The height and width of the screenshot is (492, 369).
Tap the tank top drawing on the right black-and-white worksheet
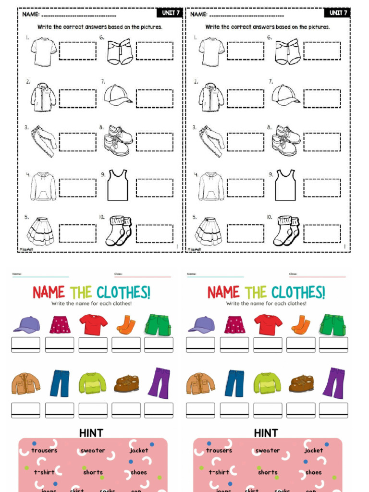click(285, 185)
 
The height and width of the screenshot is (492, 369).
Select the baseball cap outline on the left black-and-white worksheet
click(117, 95)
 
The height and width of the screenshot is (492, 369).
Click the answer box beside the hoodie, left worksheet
click(77, 188)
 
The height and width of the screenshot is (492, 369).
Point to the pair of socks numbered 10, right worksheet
click(286, 231)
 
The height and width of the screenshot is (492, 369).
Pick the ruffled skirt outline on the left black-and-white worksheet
click(41, 231)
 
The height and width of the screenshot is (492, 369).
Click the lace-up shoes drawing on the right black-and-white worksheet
click(286, 140)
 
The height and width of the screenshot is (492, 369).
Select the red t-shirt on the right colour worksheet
click(268, 325)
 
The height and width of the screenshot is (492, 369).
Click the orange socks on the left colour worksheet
click(126, 325)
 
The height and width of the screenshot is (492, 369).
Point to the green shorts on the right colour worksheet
click(332, 325)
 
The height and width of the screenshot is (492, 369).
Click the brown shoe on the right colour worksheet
click(301, 383)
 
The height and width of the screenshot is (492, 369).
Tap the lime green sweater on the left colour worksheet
click(92, 383)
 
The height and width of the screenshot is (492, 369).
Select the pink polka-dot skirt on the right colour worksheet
click(234, 325)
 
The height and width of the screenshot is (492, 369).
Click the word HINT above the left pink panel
click(91, 433)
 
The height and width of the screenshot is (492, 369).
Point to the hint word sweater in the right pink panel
click(268, 451)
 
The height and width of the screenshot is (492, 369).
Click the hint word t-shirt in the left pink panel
click(44, 472)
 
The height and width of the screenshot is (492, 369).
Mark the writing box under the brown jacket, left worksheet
click(26, 410)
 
